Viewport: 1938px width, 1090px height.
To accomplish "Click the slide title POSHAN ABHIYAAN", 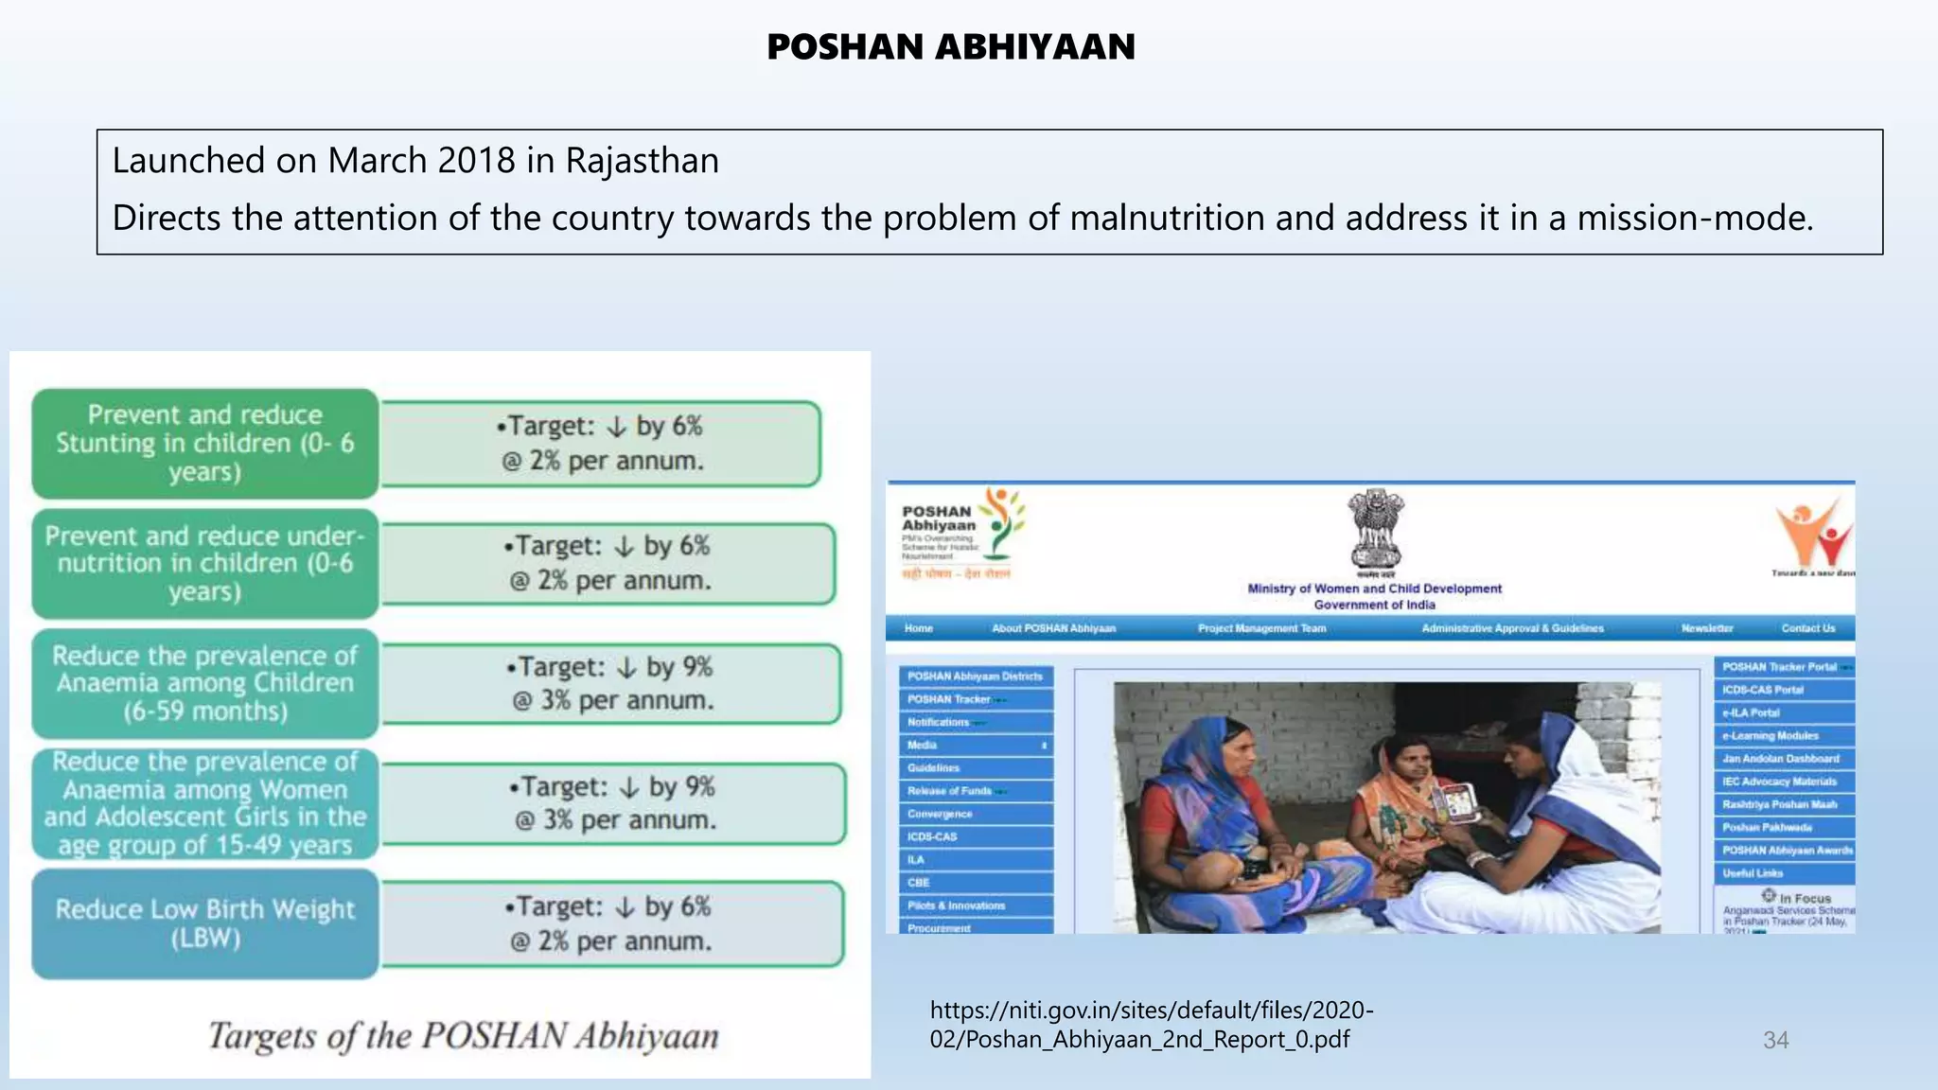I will click(950, 47).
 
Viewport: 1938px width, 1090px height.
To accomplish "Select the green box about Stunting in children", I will click(204, 444).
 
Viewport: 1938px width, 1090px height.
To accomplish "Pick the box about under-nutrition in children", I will click(204, 564).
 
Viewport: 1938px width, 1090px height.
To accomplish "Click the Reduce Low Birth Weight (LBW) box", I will click(204, 923).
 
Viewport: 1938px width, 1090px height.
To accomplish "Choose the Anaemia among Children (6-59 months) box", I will click(204, 683).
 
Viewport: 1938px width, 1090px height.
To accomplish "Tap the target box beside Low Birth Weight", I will click(611, 923).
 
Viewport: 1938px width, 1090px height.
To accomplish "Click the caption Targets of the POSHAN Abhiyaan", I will click(463, 1036).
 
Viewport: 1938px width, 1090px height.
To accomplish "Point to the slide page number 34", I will click(1775, 1040).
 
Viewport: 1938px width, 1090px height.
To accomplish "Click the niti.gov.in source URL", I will click(1151, 1025).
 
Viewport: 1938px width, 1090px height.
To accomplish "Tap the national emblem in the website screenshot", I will click(1374, 530).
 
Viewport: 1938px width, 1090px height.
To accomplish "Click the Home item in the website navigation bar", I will click(918, 628).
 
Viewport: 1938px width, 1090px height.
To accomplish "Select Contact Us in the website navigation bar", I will click(1807, 628).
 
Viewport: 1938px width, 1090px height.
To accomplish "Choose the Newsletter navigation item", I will click(1707, 628).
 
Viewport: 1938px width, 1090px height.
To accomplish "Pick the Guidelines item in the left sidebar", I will click(933, 768).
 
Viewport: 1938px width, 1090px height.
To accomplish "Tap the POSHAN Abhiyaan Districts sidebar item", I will click(975, 677).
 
